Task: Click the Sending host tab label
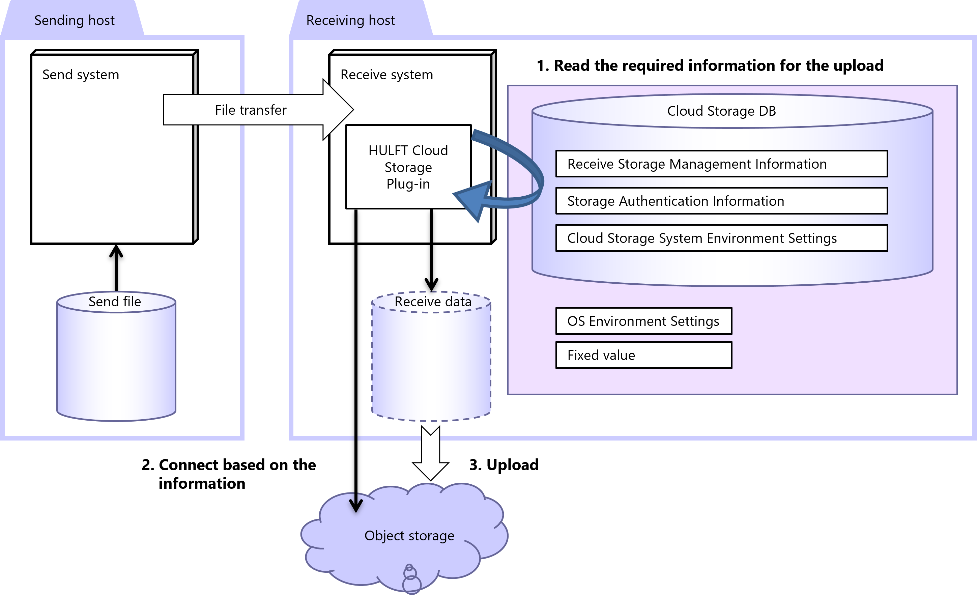click(74, 20)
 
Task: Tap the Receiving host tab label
click(350, 20)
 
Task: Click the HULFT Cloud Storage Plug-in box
click(408, 167)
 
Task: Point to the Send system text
click(81, 75)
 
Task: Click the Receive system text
click(386, 75)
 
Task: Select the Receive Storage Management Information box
click(721, 164)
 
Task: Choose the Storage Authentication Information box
click(721, 201)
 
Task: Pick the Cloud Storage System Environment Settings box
click(721, 238)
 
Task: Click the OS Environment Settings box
click(643, 321)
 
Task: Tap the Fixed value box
click(643, 355)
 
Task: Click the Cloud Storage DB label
click(721, 111)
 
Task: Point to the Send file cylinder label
click(115, 302)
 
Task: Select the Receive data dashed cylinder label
click(433, 302)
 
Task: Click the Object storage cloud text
click(409, 536)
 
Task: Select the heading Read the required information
click(710, 66)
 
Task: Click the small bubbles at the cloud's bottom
click(411, 579)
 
